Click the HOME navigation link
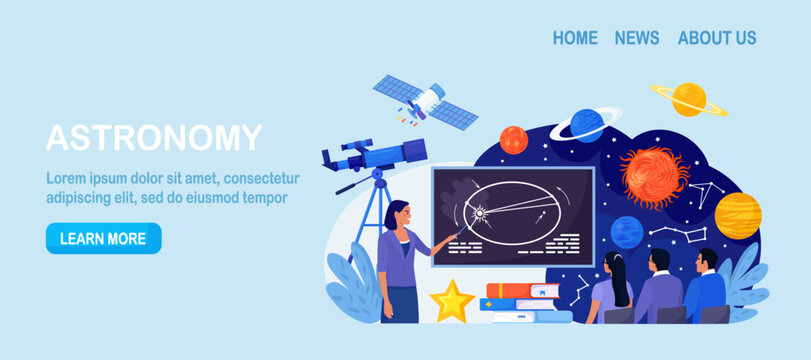click(x=575, y=38)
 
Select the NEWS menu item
click(x=637, y=38)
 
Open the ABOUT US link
click(x=717, y=38)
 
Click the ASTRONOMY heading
click(x=154, y=138)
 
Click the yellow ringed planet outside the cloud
click(x=689, y=98)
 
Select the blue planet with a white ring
click(x=586, y=125)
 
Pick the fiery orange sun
click(x=654, y=176)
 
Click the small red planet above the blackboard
click(x=513, y=139)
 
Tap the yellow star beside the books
click(x=452, y=300)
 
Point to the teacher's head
click(x=396, y=213)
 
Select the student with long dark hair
click(x=612, y=290)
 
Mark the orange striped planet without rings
click(x=738, y=215)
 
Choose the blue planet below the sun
click(x=627, y=232)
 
